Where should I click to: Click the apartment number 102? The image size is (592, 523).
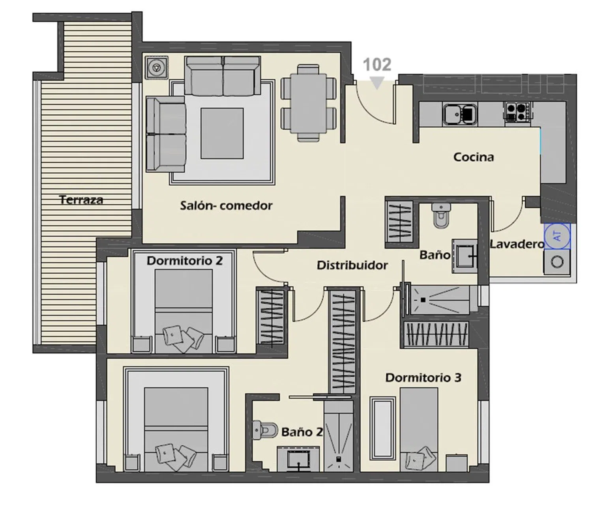click(x=377, y=65)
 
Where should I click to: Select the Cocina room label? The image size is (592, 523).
click(x=473, y=157)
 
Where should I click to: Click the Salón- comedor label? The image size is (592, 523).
click(x=226, y=205)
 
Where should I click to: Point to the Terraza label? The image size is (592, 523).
click(x=81, y=200)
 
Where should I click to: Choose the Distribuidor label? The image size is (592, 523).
click(x=352, y=265)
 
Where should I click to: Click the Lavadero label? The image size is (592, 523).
click(x=517, y=244)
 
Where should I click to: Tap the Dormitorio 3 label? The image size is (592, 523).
click(x=423, y=377)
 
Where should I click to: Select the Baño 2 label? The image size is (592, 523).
click(x=302, y=432)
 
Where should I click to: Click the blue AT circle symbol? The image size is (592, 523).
click(x=557, y=235)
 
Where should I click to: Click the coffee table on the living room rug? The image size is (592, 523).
click(x=222, y=133)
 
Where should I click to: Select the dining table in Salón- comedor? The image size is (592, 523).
click(x=308, y=103)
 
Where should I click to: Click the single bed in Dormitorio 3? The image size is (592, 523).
click(x=419, y=429)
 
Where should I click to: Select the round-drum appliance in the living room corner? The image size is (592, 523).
click(x=157, y=68)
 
